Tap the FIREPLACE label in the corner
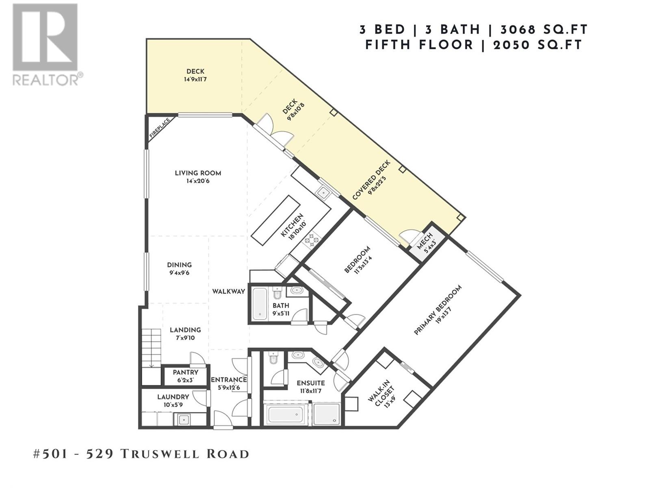160,128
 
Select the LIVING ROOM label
198,173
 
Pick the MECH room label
426,243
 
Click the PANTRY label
185,372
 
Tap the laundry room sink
184,419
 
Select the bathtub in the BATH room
259,304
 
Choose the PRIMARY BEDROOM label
438,310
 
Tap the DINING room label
179,265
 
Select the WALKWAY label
229,292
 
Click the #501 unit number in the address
50,454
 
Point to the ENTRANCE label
228,380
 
